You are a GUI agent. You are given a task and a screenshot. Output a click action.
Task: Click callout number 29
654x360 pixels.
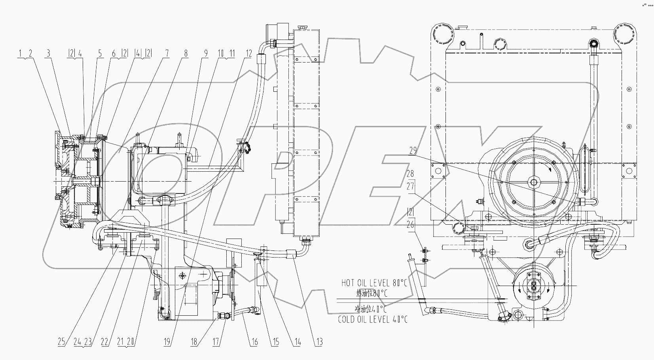pos(412,151)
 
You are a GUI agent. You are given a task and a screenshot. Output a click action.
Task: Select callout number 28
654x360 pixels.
pos(411,174)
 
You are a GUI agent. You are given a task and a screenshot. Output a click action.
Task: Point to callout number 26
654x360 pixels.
pos(411,224)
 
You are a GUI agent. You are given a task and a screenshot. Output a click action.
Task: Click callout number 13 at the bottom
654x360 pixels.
pos(319,342)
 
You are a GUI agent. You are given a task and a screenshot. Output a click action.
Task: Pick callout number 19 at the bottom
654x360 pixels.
pos(167,342)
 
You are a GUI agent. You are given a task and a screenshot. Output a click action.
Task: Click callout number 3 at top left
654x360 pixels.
pos(48,53)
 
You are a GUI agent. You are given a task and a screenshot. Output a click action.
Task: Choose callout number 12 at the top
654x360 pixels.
pos(248,53)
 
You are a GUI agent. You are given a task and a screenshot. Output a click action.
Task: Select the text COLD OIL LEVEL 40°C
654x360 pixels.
pos(373,319)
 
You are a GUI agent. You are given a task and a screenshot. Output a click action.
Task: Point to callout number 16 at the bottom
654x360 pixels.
pos(254,342)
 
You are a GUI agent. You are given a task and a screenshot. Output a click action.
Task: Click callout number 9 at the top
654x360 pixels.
pos(205,53)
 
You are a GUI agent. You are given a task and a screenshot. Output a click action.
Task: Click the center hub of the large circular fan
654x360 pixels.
pos(534,182)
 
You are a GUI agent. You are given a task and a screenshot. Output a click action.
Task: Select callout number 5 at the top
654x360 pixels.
pos(100,53)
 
